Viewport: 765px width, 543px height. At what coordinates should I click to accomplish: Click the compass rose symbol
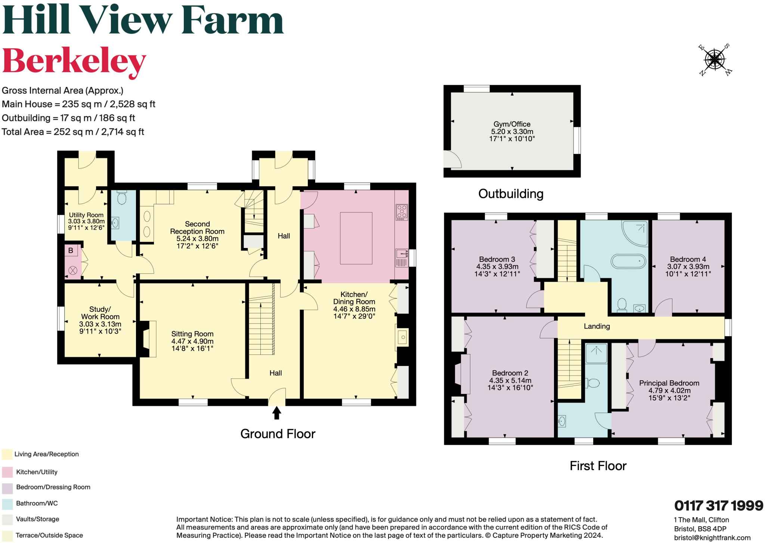[x=715, y=59]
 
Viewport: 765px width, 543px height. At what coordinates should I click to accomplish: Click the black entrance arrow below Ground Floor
[x=276, y=413]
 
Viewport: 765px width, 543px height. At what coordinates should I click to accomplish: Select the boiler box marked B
[x=71, y=251]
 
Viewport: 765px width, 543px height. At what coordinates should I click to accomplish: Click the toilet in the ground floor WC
[x=122, y=198]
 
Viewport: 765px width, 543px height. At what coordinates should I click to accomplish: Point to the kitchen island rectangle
[x=356, y=238]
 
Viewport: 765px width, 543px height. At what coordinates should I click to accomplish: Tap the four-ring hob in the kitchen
[x=402, y=211]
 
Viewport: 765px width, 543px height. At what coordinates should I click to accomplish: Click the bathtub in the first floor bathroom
[x=628, y=261]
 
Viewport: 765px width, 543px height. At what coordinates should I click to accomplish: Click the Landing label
[x=597, y=326]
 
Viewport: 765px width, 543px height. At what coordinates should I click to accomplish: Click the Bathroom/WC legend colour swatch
[x=7, y=503]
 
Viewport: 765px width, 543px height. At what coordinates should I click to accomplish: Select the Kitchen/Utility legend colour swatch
[x=7, y=472]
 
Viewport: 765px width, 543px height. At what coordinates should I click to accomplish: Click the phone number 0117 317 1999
[x=718, y=506]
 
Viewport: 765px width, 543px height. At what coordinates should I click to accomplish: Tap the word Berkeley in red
[x=74, y=62]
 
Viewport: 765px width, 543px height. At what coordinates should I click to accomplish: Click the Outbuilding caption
[x=511, y=194]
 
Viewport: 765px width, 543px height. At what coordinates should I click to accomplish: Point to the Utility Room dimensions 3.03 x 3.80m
[x=86, y=221]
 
